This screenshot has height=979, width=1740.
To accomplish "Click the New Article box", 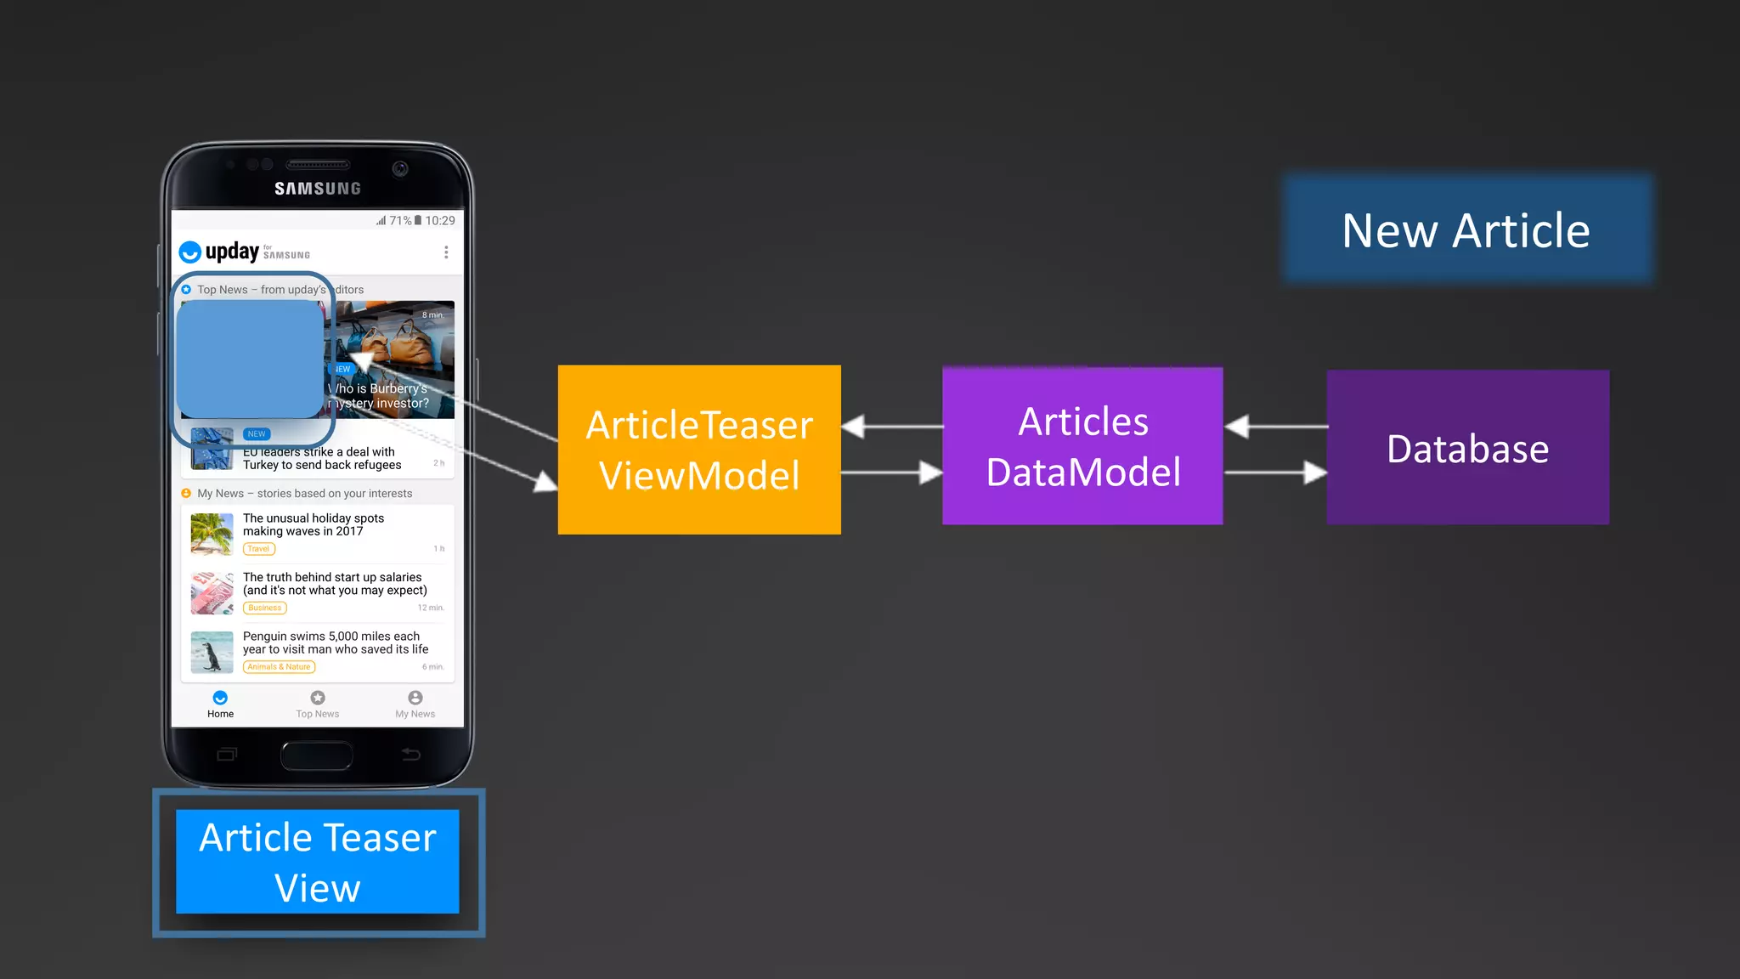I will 1467,230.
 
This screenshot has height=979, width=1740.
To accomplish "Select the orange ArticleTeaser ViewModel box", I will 699,450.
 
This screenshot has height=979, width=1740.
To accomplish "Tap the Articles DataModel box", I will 1082,446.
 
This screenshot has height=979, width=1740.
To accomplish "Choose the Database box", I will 1467,447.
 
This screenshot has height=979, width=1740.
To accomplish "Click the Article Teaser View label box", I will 318,862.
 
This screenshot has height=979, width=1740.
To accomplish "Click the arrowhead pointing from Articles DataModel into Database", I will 1315,473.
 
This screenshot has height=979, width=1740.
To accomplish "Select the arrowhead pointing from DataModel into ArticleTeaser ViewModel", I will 853,427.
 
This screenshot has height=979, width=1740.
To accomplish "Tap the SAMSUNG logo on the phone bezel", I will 318,189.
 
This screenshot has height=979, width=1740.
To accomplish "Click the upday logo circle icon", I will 190,252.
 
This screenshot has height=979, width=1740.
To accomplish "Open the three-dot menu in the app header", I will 446,252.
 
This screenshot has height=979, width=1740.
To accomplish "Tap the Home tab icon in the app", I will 220,698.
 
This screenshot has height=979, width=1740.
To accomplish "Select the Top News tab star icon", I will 318,698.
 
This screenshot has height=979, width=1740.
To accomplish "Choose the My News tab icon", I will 415,698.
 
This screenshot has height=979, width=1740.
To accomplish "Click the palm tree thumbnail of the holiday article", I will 212,534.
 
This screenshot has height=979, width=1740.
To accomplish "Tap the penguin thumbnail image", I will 212,652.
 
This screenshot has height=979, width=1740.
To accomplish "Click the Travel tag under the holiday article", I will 259,549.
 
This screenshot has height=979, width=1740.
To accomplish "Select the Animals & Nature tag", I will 279,667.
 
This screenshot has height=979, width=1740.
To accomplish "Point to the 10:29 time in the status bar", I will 440,221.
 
